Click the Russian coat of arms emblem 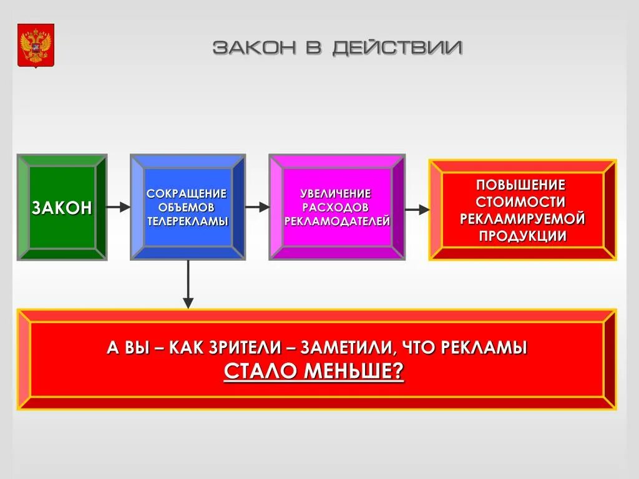tap(36, 46)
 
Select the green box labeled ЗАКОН tap(62, 207)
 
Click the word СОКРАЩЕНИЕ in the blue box tap(187, 194)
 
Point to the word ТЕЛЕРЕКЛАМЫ tap(187, 221)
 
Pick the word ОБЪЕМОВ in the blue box tap(187, 207)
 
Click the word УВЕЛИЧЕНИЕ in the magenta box tap(336, 194)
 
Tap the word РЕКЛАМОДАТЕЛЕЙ tap(337, 221)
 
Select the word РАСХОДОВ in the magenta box tap(336, 207)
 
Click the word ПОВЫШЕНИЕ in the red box tap(521, 185)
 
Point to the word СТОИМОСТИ tap(521, 202)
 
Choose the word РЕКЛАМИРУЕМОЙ tap(522, 219)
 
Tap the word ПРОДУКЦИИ tap(522, 236)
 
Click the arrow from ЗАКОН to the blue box tap(118, 207)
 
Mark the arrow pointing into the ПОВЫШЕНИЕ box tap(417, 210)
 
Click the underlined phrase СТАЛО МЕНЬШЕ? tap(314, 371)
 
